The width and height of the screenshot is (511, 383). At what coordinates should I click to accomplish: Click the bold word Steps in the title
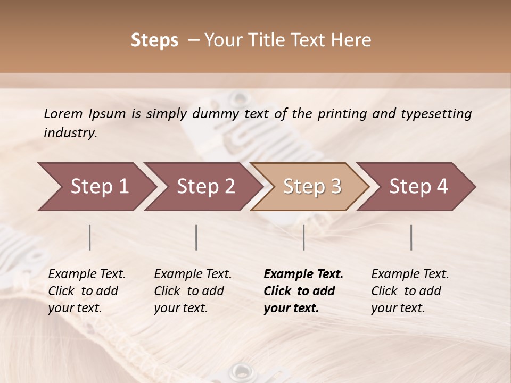[x=154, y=40]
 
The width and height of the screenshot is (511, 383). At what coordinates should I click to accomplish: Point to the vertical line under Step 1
[x=90, y=237]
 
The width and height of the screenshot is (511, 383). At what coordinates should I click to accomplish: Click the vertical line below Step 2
[x=196, y=237]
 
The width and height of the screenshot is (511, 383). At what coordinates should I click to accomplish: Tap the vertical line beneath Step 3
[x=304, y=237]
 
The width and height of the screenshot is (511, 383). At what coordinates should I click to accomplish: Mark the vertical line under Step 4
[x=411, y=237]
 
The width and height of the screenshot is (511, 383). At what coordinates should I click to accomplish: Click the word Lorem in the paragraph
[x=63, y=114]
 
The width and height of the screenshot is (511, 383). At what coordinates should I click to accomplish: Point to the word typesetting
[x=436, y=114]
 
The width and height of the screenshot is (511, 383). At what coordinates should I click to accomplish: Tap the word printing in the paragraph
[x=342, y=114]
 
